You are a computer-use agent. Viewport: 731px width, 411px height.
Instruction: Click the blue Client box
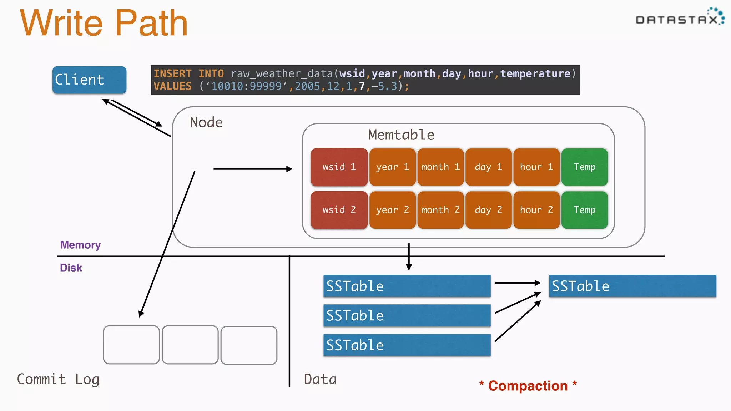coord(89,80)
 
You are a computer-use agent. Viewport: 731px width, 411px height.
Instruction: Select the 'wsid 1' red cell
coord(339,167)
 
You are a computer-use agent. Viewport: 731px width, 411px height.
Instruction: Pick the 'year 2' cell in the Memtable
coord(392,210)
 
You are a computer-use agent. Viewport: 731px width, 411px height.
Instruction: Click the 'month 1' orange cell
coord(440,167)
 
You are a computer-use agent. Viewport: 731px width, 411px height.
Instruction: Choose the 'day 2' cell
coord(488,210)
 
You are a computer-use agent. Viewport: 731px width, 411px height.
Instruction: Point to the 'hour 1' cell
coord(536,167)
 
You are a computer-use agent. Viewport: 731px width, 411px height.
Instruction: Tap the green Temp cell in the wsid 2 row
coord(584,210)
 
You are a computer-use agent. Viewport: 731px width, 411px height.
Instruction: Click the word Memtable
coord(401,135)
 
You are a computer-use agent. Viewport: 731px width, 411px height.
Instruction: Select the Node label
coord(206,122)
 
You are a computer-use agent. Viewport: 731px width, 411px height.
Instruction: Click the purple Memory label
coord(80,245)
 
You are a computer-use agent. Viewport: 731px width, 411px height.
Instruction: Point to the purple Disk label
coord(71,268)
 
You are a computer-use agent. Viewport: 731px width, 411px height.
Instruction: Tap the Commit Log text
coord(58,379)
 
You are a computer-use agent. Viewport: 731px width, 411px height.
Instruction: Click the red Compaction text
coord(528,386)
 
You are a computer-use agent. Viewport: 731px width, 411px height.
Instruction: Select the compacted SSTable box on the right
coord(632,286)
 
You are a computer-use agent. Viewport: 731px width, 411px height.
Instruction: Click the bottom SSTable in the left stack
coord(407,345)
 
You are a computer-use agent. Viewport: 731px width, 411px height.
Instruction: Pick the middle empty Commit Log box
coord(190,345)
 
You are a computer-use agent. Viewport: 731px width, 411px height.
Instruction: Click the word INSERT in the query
coord(172,73)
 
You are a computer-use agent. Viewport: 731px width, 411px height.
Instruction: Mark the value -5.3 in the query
coord(384,86)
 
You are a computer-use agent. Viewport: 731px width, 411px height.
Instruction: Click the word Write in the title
coord(61,23)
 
